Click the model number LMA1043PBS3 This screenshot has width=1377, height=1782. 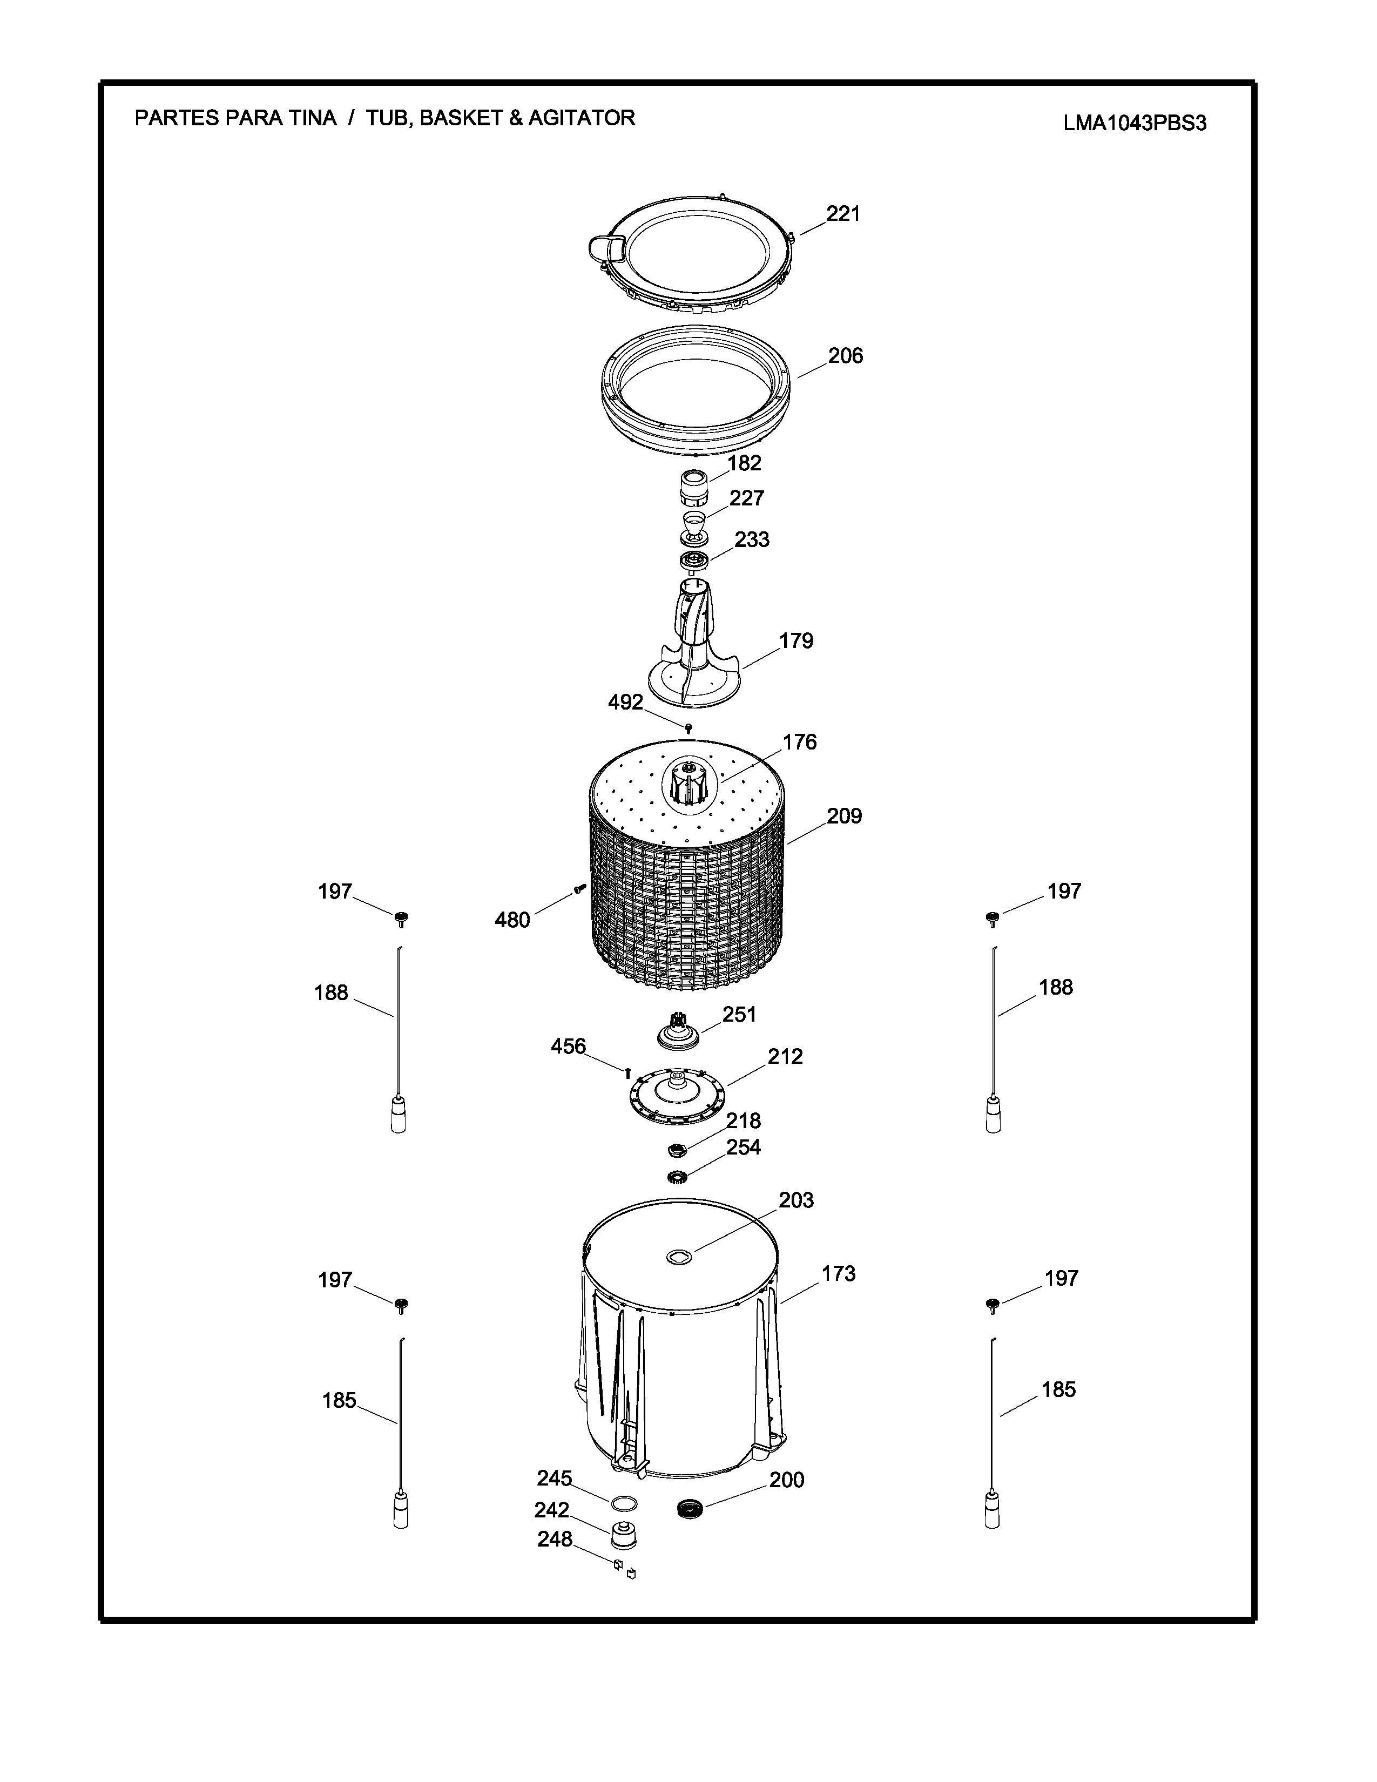pyautogui.click(x=1134, y=123)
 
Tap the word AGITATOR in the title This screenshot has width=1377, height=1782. pyautogui.click(x=582, y=118)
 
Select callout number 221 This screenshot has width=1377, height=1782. pyautogui.click(x=843, y=214)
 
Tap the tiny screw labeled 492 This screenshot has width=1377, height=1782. pyautogui.click(x=690, y=726)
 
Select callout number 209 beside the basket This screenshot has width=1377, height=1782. pyautogui.click(x=845, y=816)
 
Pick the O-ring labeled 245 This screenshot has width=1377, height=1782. pyautogui.click(x=624, y=1502)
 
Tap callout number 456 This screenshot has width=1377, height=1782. pyautogui.click(x=569, y=1046)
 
